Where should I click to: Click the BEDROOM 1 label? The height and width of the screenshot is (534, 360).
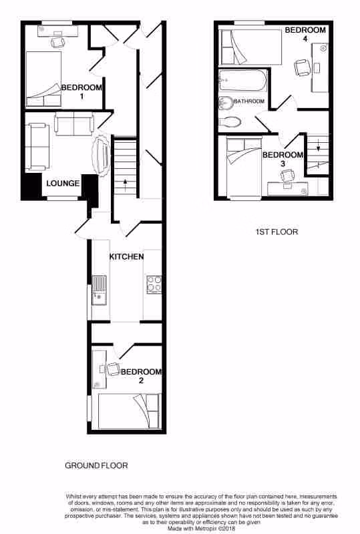(x=81, y=91)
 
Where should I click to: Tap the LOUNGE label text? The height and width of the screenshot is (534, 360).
(x=63, y=184)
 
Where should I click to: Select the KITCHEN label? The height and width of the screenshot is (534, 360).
(x=127, y=256)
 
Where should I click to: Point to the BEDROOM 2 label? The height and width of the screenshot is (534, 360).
(x=141, y=376)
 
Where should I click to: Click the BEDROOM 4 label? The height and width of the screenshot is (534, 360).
(x=305, y=34)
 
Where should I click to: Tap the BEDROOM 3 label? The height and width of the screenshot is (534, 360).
(x=283, y=159)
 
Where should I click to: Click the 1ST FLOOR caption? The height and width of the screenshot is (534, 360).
(x=277, y=232)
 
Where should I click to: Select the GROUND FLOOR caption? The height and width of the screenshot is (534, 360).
(x=96, y=465)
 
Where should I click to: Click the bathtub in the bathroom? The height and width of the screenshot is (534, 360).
(x=242, y=82)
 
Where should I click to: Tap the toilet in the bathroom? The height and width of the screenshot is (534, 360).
(x=230, y=122)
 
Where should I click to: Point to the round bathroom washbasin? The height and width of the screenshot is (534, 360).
(x=226, y=103)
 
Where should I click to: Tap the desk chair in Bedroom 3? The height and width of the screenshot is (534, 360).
(x=287, y=175)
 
